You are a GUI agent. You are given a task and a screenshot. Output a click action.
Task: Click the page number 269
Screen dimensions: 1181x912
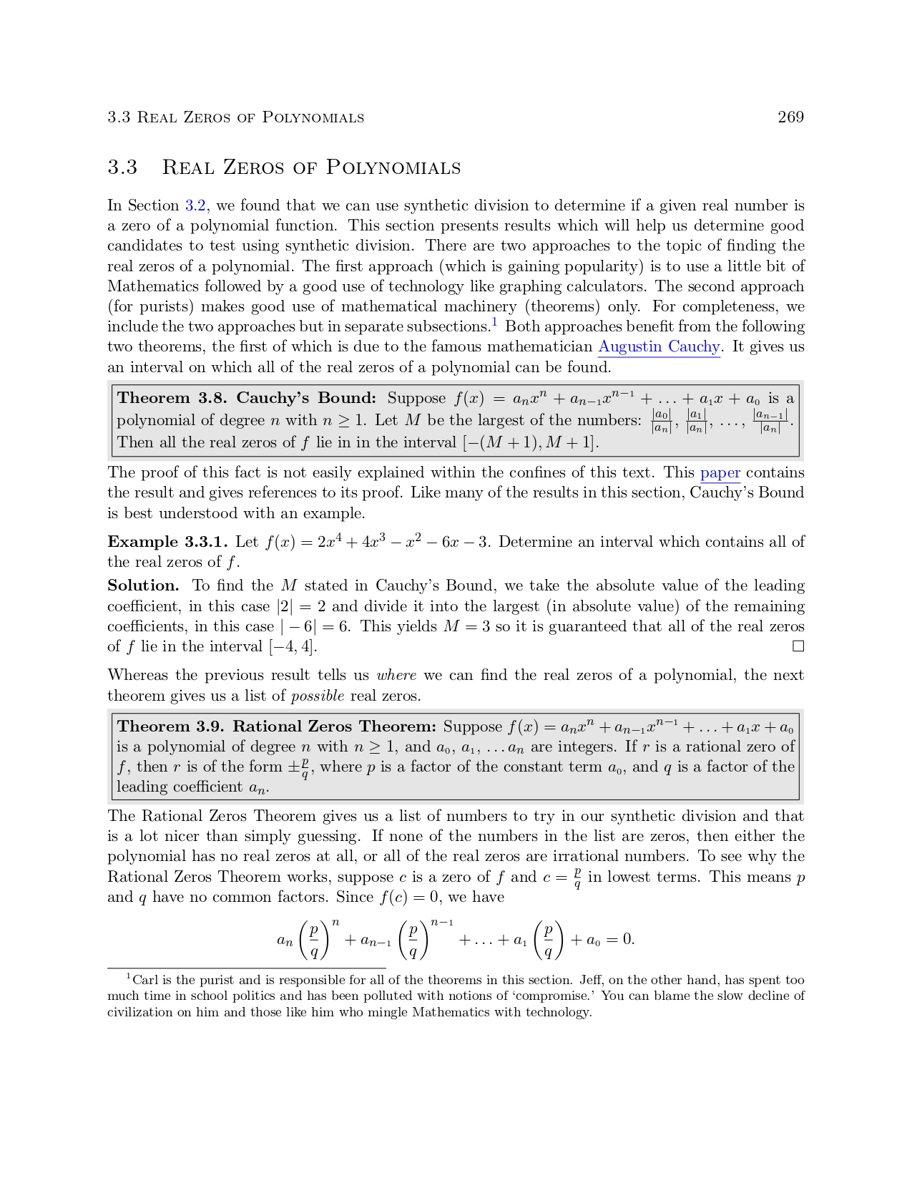pos(790,117)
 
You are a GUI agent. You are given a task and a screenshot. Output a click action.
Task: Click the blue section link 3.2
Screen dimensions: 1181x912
pos(195,206)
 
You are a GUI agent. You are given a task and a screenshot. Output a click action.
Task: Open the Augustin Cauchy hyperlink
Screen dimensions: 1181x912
pos(659,347)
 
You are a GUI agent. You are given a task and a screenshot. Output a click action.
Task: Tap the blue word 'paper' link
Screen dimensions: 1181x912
pos(720,473)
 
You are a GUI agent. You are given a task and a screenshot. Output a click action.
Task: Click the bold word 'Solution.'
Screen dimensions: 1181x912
pos(143,585)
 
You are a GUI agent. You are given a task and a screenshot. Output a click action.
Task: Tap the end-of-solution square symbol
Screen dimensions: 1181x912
pos(798,646)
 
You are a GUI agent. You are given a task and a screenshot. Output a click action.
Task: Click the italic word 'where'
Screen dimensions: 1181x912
pos(396,676)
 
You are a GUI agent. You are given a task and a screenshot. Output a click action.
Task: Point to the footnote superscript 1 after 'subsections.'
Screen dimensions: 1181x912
pos(494,322)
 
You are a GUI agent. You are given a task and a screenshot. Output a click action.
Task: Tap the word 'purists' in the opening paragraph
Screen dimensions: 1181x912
pos(170,307)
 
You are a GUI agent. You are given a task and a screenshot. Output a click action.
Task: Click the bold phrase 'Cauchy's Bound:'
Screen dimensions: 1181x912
pos(306,398)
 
